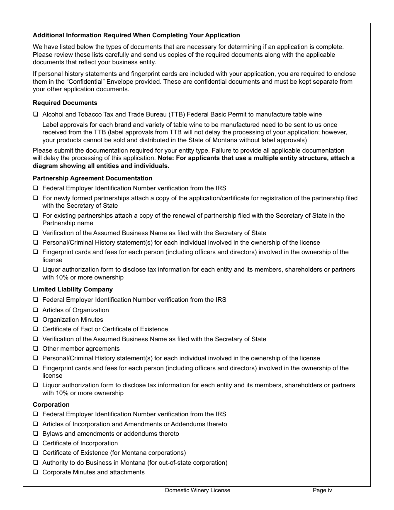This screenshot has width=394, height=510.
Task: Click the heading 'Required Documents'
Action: (x=65, y=103)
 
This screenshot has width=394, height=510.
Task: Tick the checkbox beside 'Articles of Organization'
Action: (x=36, y=310)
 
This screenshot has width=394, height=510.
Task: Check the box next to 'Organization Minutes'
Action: (x=36, y=319)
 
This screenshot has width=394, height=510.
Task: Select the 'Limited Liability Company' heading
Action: (x=73, y=289)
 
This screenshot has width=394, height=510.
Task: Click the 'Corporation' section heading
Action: (x=51, y=405)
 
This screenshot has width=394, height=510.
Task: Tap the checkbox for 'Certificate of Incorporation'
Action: (x=36, y=443)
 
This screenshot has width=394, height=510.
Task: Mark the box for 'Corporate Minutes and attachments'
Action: (x=36, y=472)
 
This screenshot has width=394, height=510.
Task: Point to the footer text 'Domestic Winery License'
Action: (x=197, y=490)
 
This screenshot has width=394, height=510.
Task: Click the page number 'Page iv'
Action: (x=322, y=490)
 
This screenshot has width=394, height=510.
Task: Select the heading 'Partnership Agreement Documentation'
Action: (x=92, y=178)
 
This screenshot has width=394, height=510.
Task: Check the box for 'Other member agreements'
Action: (x=36, y=348)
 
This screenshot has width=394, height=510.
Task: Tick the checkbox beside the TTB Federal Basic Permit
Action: (x=36, y=114)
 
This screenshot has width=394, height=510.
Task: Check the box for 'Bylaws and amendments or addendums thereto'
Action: (x=36, y=433)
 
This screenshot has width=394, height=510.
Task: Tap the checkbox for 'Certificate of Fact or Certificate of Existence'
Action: (x=36, y=329)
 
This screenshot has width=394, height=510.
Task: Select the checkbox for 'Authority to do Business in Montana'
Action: (x=36, y=462)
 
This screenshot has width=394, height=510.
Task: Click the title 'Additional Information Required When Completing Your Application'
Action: (x=136, y=35)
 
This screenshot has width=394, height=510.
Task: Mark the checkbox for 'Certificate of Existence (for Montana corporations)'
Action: (x=36, y=452)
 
